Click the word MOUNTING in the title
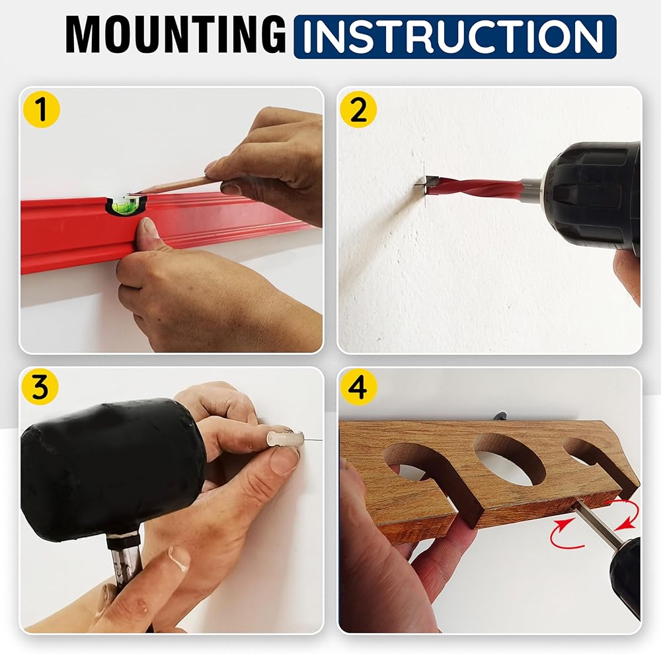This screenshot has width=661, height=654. coord(176,35)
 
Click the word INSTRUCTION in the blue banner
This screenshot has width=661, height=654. coord(455,36)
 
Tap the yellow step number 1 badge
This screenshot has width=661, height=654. coord(41,110)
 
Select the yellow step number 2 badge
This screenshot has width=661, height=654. coord(358,110)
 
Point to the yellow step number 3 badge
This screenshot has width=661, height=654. coord(40,388)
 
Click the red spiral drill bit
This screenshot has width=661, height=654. coord(477,186)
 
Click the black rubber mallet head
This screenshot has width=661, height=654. coord(110,468)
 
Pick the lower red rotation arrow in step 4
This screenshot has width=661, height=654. coord(567,534)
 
